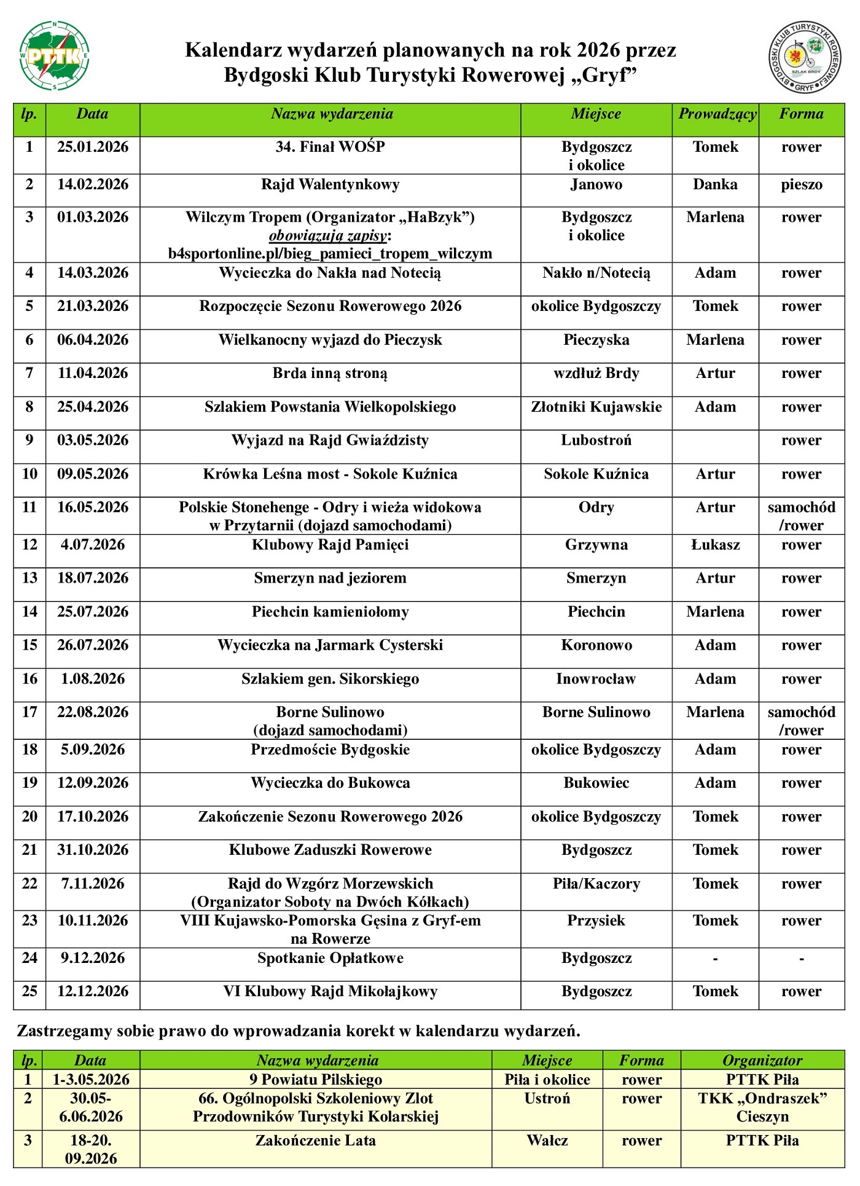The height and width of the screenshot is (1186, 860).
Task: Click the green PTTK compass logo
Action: pyautogui.click(x=54, y=56)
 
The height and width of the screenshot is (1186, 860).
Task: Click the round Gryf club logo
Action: pyautogui.click(x=805, y=57)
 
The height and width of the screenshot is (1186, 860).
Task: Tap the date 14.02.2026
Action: pyautogui.click(x=93, y=184)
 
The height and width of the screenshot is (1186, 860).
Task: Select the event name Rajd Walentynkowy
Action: pyautogui.click(x=330, y=184)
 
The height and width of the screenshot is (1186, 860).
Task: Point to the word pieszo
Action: pyautogui.click(x=801, y=184)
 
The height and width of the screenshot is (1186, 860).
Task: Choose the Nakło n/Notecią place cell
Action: pyautogui.click(x=596, y=273)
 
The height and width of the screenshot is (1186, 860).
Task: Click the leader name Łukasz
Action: pyautogui.click(x=715, y=544)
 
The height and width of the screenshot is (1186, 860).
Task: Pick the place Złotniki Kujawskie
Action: pyautogui.click(x=596, y=407)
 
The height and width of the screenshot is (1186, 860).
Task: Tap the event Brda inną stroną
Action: pyautogui.click(x=330, y=373)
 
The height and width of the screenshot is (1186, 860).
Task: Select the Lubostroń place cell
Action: pyautogui.click(x=596, y=440)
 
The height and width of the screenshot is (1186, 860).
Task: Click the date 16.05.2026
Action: pyautogui.click(x=93, y=507)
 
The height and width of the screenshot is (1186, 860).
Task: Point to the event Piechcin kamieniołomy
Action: pyautogui.click(x=330, y=611)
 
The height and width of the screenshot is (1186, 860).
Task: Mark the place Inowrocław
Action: pyautogui.click(x=596, y=678)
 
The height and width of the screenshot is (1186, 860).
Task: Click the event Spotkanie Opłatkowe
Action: pyautogui.click(x=330, y=958)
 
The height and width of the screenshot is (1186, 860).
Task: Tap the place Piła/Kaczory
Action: pyautogui.click(x=596, y=884)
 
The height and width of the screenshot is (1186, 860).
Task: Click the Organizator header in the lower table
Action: pyautogui.click(x=762, y=1060)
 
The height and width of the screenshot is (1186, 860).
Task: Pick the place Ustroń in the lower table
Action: pyautogui.click(x=547, y=1098)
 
